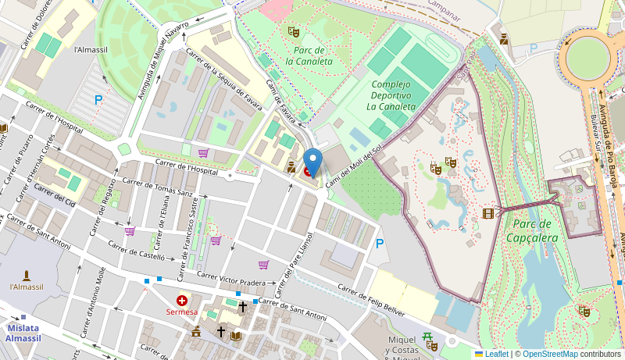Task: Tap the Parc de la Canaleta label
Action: coord(309,55)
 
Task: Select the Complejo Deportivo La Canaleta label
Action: coord(391,95)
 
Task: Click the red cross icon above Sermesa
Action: coord(182,300)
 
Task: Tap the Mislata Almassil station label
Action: coord(23,333)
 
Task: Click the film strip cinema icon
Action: coord(488,213)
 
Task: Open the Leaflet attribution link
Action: coord(491,354)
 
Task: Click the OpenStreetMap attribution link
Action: coord(550,354)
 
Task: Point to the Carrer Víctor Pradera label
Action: coord(231,278)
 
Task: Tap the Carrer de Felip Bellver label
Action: coord(371,300)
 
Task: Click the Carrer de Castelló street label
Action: coord(136,250)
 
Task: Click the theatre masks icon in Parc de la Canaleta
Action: coord(294,31)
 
